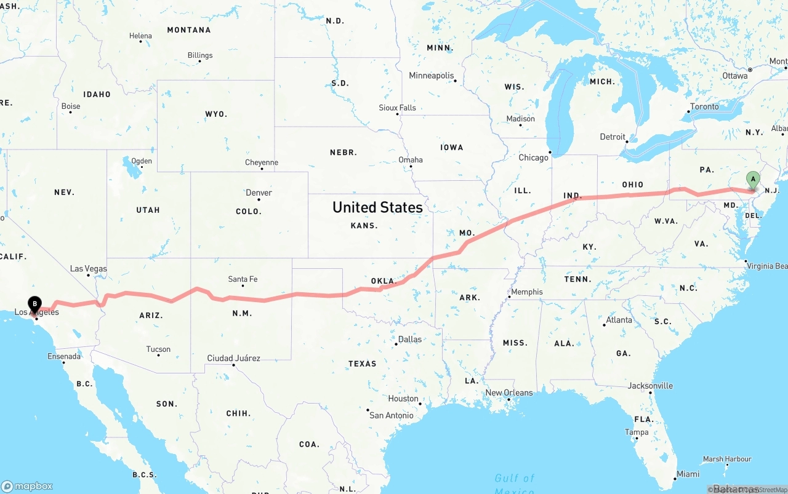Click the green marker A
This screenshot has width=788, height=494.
point(752,180)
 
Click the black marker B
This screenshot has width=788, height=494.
point(36,303)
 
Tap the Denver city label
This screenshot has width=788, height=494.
point(259,193)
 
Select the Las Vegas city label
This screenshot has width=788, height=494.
point(88,269)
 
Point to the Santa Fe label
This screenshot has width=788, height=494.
point(243,279)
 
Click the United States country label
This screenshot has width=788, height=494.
point(377,207)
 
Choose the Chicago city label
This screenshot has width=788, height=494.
point(533,157)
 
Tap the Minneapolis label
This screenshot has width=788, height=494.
point(431,76)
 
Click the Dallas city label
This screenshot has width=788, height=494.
point(410,339)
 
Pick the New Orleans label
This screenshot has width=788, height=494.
point(509,392)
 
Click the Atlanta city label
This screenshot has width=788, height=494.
point(619,320)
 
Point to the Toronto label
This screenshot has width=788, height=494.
point(704,106)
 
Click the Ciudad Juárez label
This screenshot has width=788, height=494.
point(233,358)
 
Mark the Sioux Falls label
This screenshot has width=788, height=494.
point(397,108)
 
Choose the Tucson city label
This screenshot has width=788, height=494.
point(158,349)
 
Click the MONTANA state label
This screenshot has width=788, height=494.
point(188,30)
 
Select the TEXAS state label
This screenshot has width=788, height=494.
point(362,364)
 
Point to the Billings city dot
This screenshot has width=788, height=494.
point(189,62)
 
